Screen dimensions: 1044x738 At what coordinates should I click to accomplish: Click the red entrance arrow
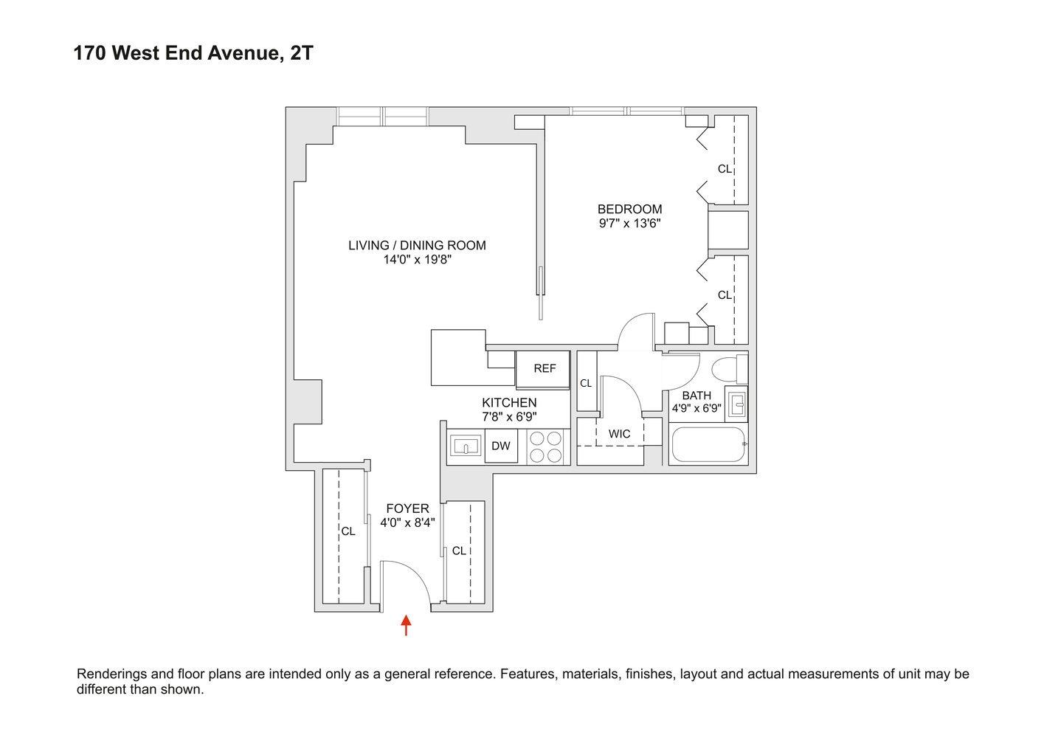coord(406,625)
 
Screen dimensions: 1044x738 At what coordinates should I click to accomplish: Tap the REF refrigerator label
coord(545,368)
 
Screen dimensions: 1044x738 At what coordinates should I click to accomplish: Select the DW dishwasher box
coord(501,446)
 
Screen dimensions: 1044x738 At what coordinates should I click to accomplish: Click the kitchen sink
coord(466,446)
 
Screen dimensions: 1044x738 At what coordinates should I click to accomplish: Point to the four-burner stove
coord(545,446)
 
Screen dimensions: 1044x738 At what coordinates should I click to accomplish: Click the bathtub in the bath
coord(708,444)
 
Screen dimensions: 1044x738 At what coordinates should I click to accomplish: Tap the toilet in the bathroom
coord(730,368)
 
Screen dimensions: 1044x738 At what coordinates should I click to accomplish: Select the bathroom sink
coord(736,404)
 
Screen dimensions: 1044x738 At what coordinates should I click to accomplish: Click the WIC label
coord(619,434)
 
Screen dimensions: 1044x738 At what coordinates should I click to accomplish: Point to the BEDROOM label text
coord(629,209)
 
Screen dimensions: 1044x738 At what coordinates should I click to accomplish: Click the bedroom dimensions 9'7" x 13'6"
coord(629,223)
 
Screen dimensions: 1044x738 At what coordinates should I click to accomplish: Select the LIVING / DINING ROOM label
coord(417,245)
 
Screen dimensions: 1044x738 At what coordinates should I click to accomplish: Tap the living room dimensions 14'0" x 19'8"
coord(417,259)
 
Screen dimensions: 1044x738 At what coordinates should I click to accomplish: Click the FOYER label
coord(407,508)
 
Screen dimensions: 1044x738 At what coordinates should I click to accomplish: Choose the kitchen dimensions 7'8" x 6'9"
coord(509,417)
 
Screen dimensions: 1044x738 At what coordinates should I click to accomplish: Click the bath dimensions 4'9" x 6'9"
coord(696,408)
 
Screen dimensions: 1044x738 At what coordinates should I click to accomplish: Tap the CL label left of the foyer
coord(348,531)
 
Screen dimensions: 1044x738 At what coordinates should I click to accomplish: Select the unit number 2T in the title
coord(301,53)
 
